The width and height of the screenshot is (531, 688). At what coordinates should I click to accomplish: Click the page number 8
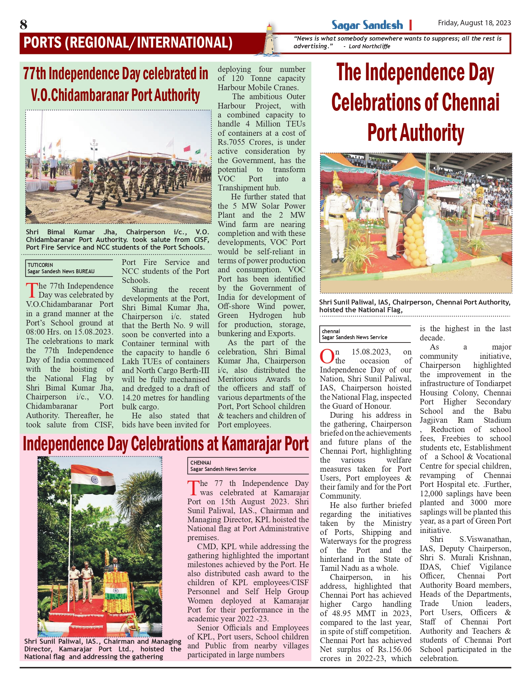(x=23, y=25)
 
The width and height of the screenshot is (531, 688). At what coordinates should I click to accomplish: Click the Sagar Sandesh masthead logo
(x=367, y=25)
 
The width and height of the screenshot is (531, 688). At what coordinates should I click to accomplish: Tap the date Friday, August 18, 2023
(x=474, y=23)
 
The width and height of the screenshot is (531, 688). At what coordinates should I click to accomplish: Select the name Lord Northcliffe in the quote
(x=369, y=46)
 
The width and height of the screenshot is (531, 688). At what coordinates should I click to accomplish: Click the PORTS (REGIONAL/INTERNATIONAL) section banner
(x=128, y=43)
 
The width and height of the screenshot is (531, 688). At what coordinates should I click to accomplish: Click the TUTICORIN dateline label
(x=40, y=265)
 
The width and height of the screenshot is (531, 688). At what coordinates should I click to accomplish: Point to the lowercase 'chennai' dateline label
(x=331, y=331)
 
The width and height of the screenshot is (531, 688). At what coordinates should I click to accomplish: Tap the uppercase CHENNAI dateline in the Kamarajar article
(x=201, y=463)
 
